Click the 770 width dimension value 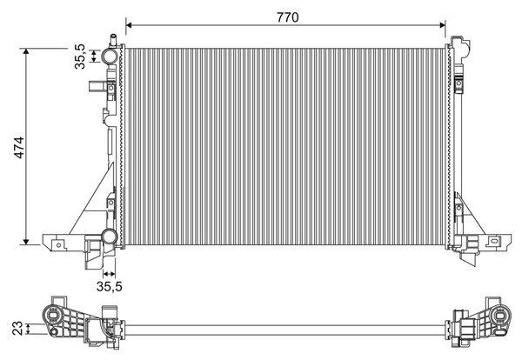(288, 17)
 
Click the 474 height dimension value (19, 148)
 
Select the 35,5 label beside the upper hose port (80, 57)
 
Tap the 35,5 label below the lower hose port (110, 286)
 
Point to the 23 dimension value (17, 328)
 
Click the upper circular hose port (110, 57)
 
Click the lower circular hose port (110, 237)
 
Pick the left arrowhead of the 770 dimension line (130, 25)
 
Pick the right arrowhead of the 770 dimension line (442, 25)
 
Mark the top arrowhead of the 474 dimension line (26, 51)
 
